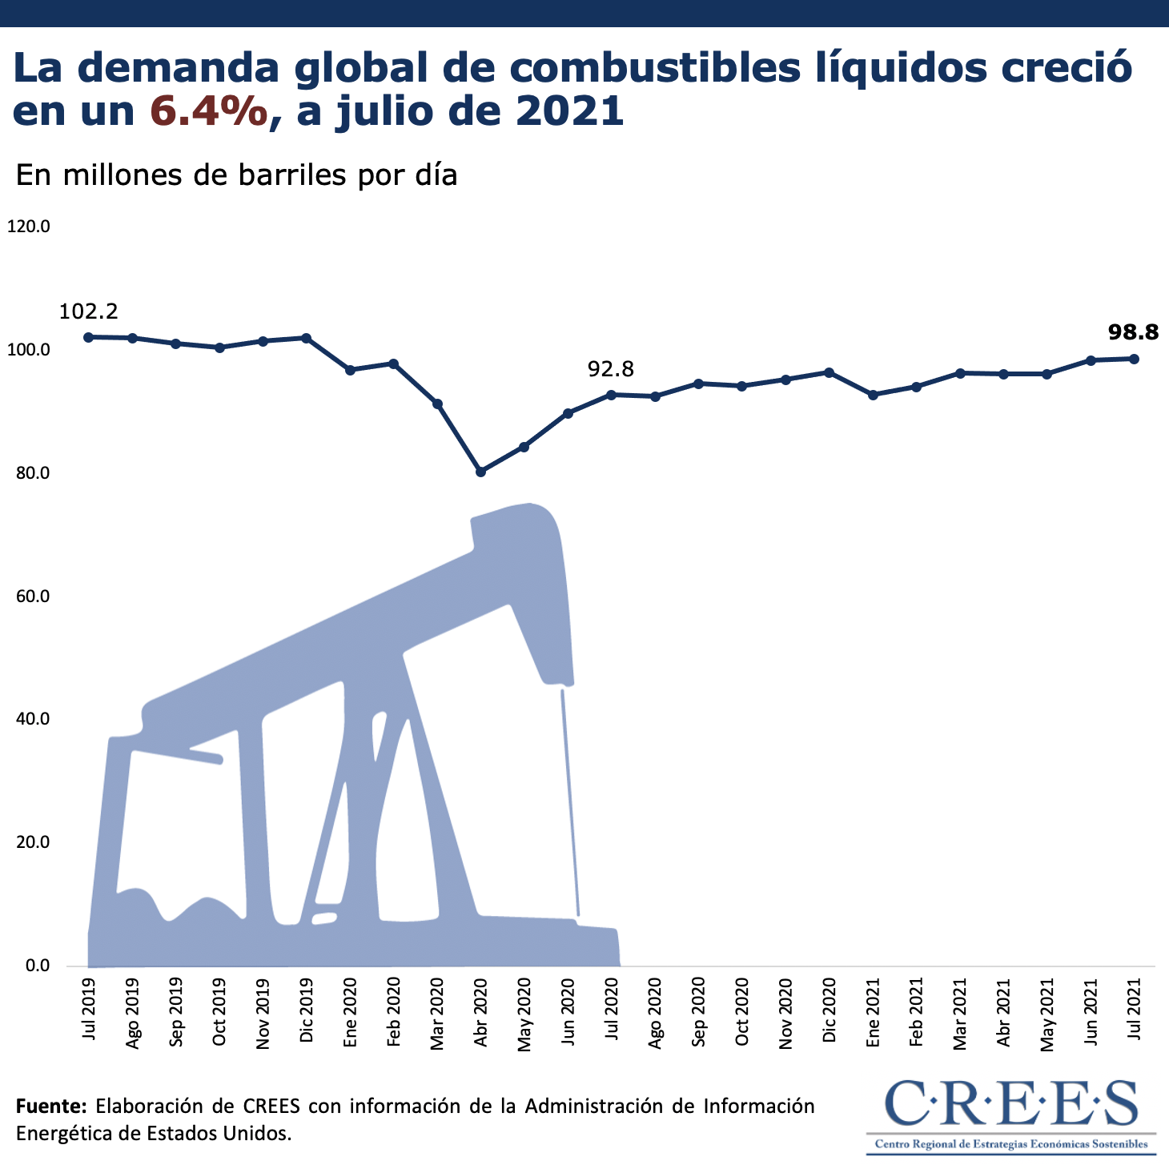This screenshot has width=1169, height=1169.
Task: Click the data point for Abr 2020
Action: tap(480, 472)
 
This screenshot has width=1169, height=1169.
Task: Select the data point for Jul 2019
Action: tap(88, 337)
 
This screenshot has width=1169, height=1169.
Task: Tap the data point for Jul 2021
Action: tap(1134, 359)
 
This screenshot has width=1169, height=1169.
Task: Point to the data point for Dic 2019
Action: tap(306, 338)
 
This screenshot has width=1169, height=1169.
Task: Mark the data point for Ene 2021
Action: tap(873, 395)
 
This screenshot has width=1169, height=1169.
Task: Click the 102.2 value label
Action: tap(89, 311)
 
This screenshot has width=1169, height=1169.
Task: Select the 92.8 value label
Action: tap(611, 369)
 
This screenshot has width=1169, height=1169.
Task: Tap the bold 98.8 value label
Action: tap(1133, 331)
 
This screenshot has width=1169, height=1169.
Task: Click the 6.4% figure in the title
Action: tap(209, 111)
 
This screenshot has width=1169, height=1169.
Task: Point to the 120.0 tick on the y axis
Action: tap(29, 227)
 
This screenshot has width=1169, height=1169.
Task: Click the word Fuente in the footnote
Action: tap(50, 1107)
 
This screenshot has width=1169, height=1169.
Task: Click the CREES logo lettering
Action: tap(1012, 1104)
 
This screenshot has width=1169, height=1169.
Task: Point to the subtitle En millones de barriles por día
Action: tap(236, 175)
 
